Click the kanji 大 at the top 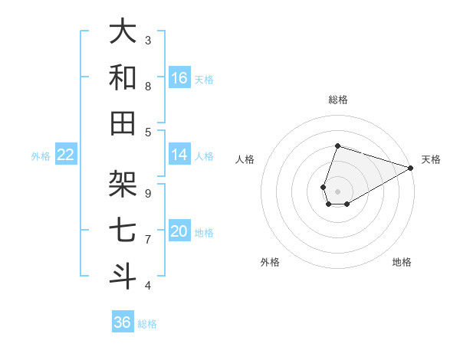click(x=123, y=31)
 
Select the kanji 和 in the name click(x=123, y=77)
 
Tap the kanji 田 click(x=123, y=123)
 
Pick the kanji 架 click(x=123, y=185)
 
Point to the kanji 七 click(x=123, y=231)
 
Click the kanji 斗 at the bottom click(x=123, y=277)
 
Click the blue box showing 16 click(x=179, y=77)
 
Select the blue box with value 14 click(x=179, y=155)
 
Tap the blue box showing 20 click(x=179, y=231)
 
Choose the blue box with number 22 click(x=66, y=155)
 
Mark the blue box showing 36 click(x=123, y=322)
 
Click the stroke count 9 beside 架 click(x=148, y=194)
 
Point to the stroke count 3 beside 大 click(x=148, y=40)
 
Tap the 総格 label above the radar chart click(x=337, y=100)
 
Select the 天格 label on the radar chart click(x=431, y=159)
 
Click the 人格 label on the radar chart click(x=245, y=159)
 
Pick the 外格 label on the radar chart click(x=270, y=262)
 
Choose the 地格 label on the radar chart click(x=402, y=262)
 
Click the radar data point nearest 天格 click(x=412, y=168)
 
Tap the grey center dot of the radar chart click(x=337, y=190)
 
